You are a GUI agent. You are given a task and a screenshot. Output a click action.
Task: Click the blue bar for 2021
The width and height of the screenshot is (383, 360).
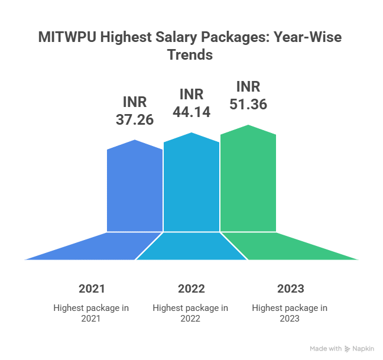coord(135,189)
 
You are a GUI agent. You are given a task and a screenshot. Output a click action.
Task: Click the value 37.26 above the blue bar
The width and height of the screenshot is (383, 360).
coord(134,119)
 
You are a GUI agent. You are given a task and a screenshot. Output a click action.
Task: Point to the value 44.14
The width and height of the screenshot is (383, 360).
coord(191,112)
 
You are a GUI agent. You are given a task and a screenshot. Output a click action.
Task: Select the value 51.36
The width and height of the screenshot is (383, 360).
coord(248,104)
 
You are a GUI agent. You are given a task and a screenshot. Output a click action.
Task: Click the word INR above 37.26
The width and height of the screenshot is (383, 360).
coord(134,102)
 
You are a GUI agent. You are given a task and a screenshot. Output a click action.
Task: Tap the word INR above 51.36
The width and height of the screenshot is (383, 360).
coord(248,86)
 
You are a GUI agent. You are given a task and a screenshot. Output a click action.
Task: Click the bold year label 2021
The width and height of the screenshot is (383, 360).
coord(92,289)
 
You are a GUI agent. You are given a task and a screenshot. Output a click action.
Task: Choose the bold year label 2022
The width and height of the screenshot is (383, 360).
coord(191,289)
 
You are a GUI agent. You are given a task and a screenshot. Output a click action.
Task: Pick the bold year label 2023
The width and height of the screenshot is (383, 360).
coord(290,289)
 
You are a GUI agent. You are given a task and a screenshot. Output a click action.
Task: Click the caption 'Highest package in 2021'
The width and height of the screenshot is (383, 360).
coord(92,313)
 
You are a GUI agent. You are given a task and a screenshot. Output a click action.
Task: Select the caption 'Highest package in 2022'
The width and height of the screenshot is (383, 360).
coord(191,313)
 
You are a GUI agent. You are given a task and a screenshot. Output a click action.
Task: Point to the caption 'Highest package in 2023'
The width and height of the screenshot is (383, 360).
coord(290,313)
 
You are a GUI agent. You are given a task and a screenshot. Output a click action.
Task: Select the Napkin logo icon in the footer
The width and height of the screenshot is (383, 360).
coord(348,348)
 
